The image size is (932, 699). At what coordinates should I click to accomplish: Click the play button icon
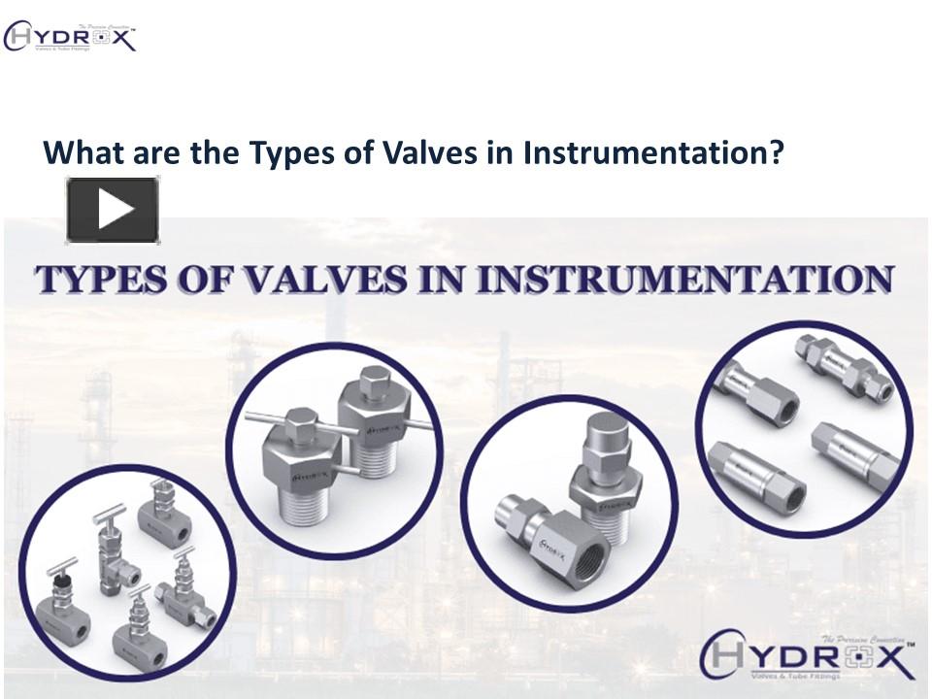click(113, 210)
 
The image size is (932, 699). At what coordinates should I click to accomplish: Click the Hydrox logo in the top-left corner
click(70, 38)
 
